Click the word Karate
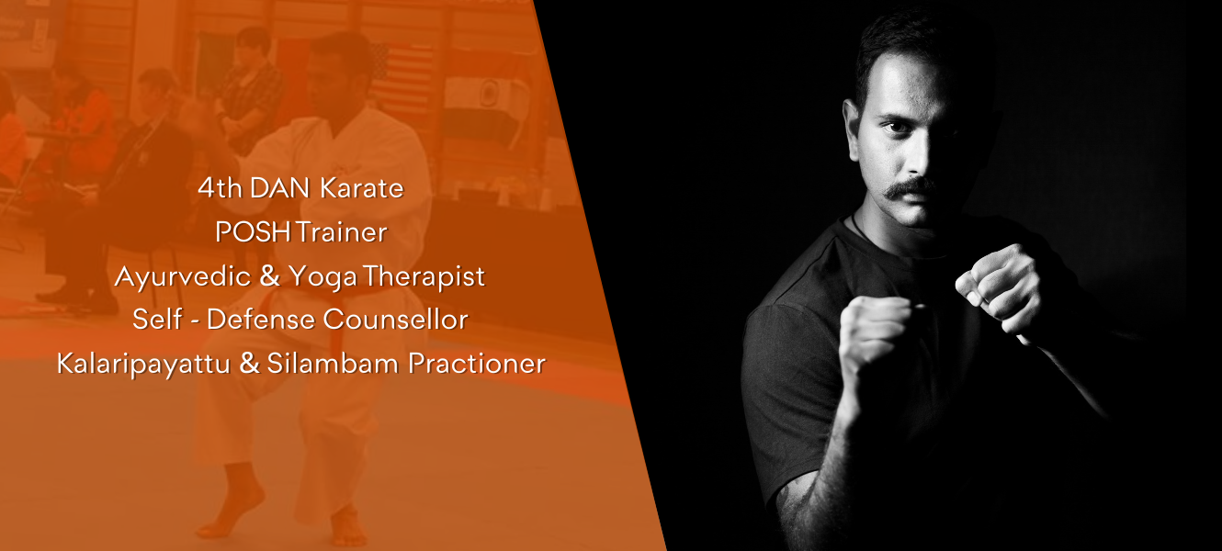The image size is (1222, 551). (x=362, y=188)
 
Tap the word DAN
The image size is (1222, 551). (x=279, y=188)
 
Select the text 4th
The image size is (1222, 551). (x=220, y=188)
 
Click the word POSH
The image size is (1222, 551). (x=254, y=232)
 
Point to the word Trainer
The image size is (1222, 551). (x=342, y=232)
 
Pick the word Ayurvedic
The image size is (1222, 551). (x=183, y=277)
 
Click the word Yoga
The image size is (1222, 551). (x=323, y=277)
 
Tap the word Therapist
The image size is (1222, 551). (x=424, y=277)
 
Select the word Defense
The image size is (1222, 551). (x=260, y=320)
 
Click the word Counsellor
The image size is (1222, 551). (x=395, y=320)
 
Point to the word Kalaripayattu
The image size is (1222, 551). (x=143, y=365)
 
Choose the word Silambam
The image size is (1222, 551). (x=333, y=364)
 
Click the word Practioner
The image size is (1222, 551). (x=477, y=364)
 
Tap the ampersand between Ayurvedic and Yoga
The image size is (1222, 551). (x=269, y=276)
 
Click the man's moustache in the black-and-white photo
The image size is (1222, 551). (x=910, y=188)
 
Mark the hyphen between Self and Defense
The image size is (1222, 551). (x=194, y=321)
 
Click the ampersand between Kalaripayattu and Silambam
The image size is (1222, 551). (x=249, y=364)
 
